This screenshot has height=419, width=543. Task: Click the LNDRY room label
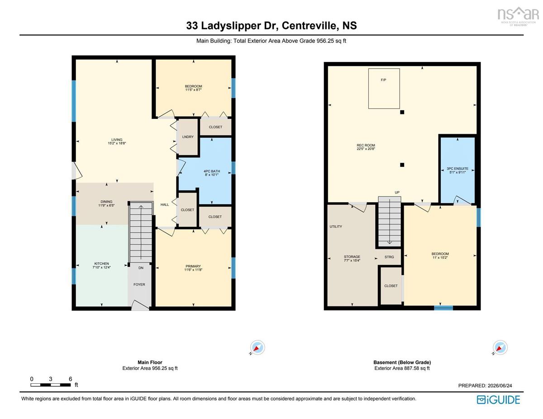(x=188, y=137)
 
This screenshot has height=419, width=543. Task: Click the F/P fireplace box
(x=384, y=89)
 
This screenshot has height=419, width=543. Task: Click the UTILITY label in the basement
(x=336, y=226)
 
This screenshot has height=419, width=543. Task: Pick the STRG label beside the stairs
(x=389, y=257)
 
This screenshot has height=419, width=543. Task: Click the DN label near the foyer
(x=141, y=268)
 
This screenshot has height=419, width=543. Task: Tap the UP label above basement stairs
(x=397, y=192)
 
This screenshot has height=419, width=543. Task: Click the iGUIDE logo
(x=498, y=400)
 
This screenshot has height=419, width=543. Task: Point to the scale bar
(x=51, y=385)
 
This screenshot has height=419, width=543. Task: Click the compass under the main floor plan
(x=257, y=348)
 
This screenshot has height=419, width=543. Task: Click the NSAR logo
(x=518, y=16)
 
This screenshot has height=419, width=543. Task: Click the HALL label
(x=165, y=204)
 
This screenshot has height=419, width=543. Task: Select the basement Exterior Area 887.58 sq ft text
(x=402, y=368)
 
